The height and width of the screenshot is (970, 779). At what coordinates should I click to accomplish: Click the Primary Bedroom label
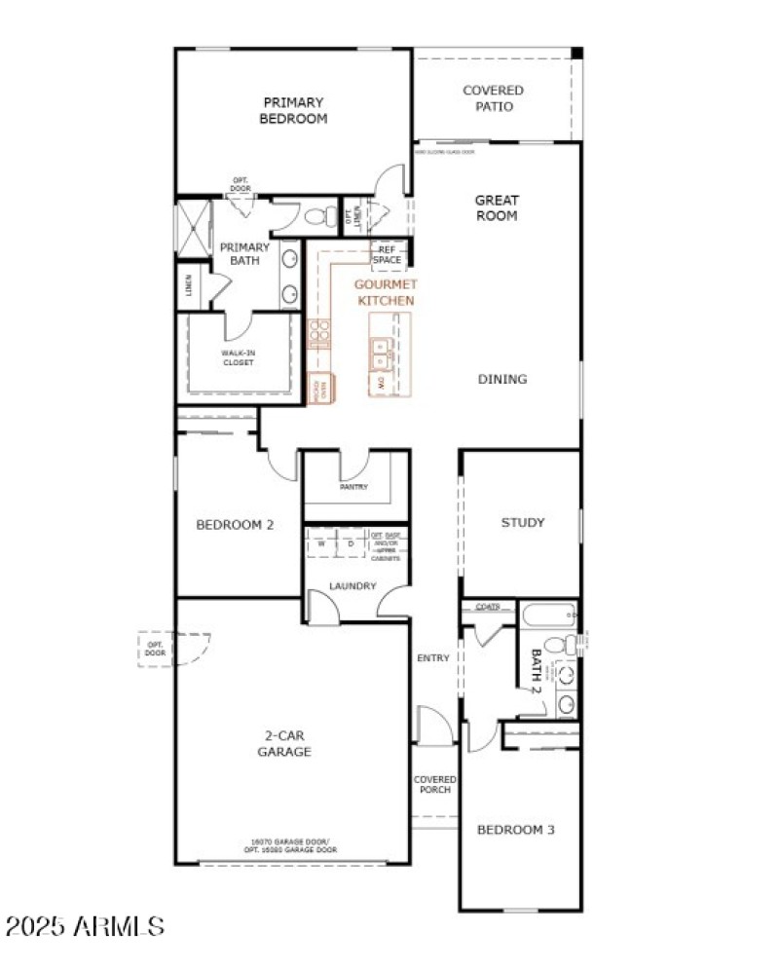point(293,110)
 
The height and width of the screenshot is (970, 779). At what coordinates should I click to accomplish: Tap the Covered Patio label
point(493,98)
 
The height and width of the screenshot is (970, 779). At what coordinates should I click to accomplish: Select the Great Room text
point(496,208)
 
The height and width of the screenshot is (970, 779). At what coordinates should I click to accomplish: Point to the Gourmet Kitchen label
point(386,292)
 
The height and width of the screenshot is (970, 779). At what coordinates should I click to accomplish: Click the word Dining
point(502,379)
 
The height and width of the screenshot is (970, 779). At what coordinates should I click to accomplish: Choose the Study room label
point(523,522)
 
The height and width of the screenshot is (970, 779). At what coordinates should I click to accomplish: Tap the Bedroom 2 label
point(235,524)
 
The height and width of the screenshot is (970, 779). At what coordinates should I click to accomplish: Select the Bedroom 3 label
point(515,830)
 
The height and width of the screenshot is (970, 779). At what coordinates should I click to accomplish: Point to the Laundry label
point(352,586)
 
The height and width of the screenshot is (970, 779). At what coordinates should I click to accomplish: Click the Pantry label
point(353,487)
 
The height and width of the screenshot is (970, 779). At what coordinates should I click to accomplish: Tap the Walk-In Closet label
point(238,356)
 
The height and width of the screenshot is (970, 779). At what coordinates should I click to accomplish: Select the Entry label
point(433,658)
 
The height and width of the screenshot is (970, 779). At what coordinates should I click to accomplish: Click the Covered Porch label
point(434,784)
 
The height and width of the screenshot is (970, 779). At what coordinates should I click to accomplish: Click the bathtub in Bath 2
point(548,616)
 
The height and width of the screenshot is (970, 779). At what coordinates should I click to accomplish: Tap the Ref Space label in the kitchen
point(387,254)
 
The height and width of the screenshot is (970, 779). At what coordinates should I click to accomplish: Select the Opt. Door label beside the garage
point(155,649)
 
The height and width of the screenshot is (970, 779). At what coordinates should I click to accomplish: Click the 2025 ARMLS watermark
point(84,924)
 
